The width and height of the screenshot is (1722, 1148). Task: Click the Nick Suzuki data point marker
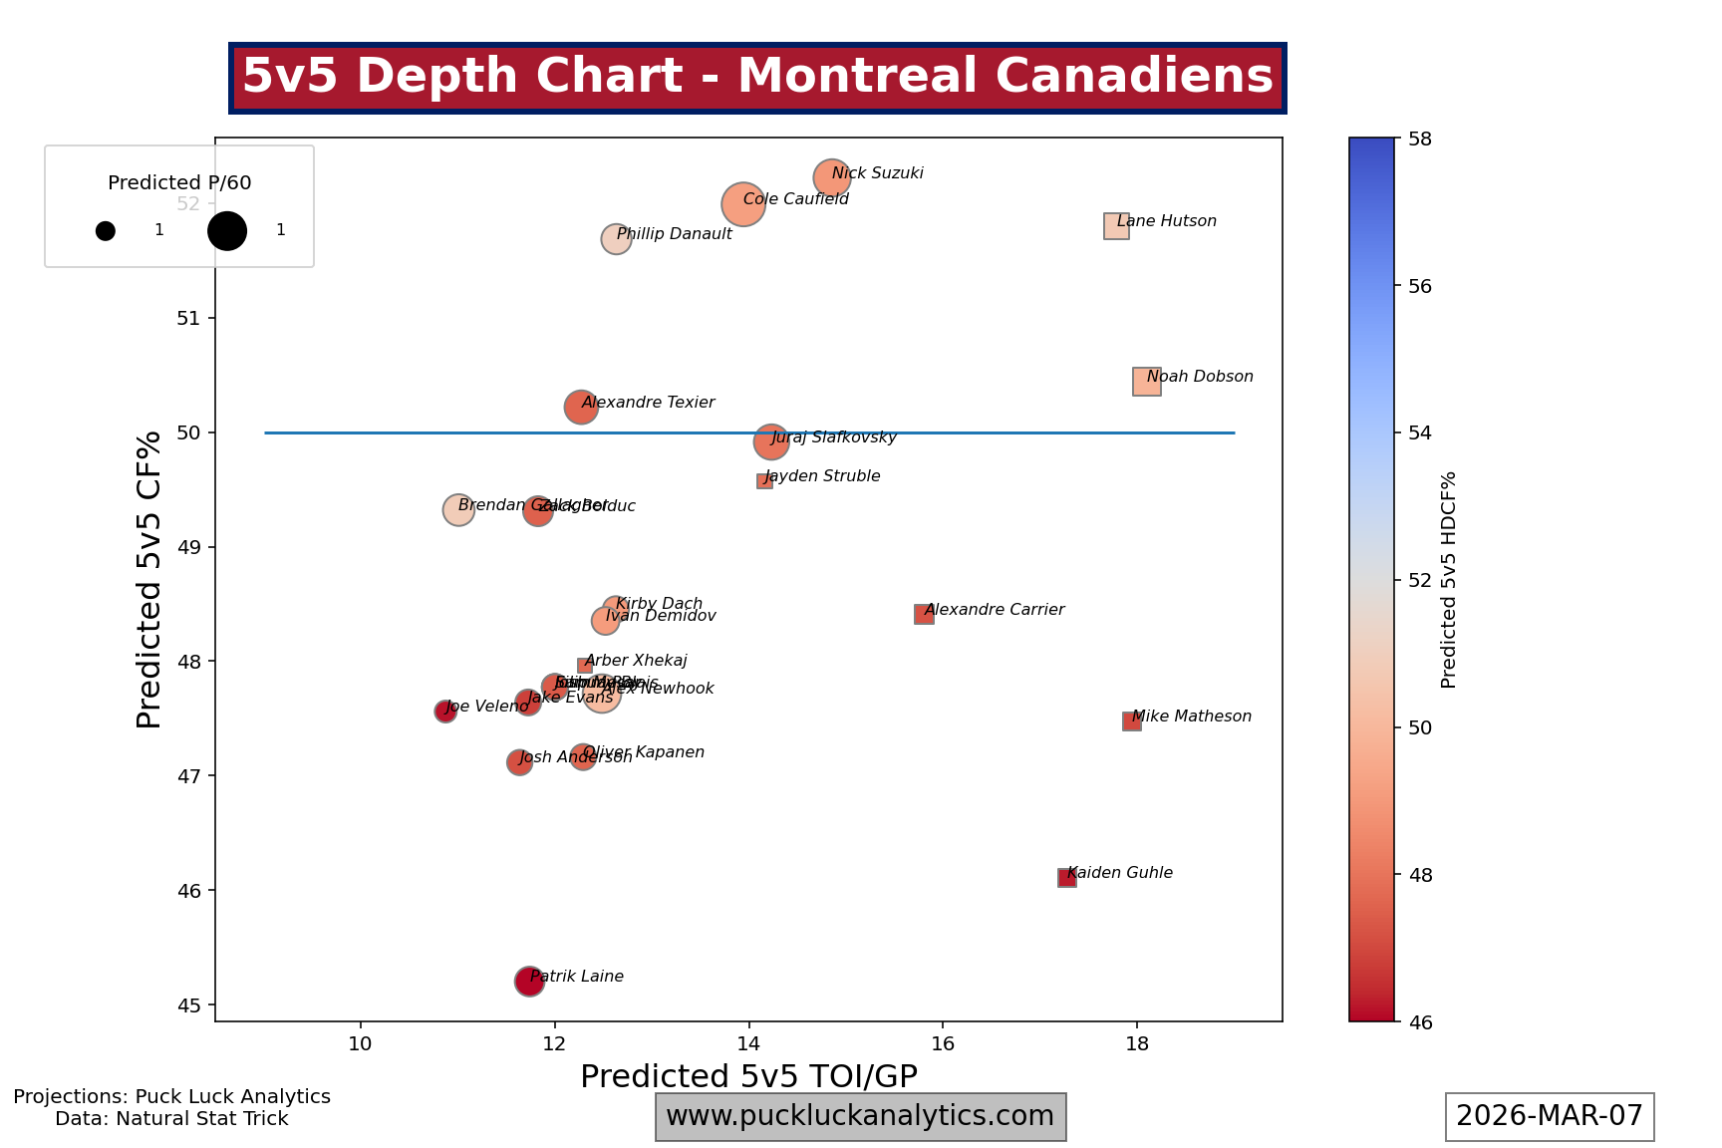(831, 178)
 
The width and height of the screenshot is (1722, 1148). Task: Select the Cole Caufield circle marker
(742, 204)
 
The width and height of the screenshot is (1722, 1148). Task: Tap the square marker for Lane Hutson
(1116, 226)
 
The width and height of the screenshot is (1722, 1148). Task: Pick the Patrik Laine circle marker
(529, 982)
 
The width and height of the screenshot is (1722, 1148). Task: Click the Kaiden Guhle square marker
(1066, 878)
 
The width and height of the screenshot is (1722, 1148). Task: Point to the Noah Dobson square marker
(1146, 382)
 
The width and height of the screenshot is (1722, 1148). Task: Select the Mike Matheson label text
(1192, 717)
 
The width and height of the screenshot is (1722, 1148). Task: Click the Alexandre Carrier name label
(995, 610)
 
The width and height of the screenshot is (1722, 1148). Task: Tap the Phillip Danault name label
(675, 234)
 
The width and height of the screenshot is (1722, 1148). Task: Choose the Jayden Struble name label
(823, 476)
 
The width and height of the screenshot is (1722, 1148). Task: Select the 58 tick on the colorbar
(1420, 140)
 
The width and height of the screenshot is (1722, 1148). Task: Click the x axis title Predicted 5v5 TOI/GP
(748, 1077)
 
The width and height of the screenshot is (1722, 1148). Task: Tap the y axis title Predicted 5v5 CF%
(149, 579)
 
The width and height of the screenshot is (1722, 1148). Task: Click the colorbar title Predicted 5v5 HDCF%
(1449, 579)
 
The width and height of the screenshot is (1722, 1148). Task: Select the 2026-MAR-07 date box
(1550, 1116)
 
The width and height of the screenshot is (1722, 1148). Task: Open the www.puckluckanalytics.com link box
(860, 1116)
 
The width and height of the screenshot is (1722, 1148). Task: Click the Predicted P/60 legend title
(179, 182)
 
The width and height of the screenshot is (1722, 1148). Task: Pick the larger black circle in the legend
(227, 231)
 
